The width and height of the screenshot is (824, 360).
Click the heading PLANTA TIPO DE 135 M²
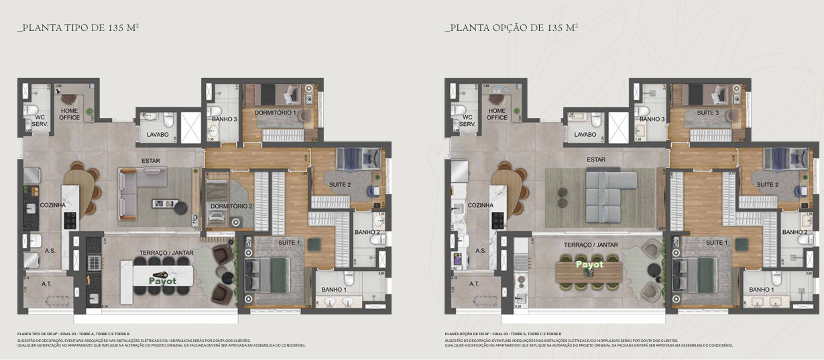pos(78,28)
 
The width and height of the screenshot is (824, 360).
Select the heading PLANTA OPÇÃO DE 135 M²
pos(511,28)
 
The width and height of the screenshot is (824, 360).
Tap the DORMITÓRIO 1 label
pos(275,113)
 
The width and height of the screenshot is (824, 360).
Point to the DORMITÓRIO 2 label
pos(231,206)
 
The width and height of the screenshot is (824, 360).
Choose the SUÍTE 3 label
pos(707,113)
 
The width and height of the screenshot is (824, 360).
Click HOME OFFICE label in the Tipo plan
pos(70,114)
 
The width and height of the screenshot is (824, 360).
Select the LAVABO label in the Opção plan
pos(585,134)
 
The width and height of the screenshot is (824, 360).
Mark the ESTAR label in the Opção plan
pos(595,160)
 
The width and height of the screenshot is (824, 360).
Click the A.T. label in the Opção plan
pos(473,284)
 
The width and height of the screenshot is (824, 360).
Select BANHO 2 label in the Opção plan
pos(795,232)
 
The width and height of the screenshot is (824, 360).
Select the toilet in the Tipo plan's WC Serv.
pos(30,110)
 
